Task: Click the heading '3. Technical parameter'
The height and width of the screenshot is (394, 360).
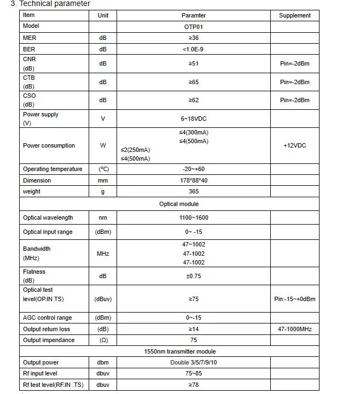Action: [55, 4]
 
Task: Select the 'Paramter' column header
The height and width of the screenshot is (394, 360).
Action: [194, 15]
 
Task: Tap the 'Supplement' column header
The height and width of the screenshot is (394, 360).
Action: [294, 15]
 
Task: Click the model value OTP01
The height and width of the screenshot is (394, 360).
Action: [194, 26]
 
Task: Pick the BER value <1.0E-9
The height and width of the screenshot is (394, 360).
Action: [194, 49]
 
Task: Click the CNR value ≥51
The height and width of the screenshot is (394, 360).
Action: [194, 63]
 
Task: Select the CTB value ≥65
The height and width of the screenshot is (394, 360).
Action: [194, 82]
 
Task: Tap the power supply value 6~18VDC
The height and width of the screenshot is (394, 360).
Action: [194, 119]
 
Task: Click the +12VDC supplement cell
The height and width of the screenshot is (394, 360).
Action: [294, 146]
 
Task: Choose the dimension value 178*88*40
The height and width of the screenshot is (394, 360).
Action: [194, 180]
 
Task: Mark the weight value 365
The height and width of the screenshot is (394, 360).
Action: [194, 191]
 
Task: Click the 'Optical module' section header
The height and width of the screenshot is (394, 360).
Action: [179, 204]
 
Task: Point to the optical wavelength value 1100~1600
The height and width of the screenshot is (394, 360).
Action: [194, 217]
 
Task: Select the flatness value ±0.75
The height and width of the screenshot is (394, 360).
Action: [194, 276]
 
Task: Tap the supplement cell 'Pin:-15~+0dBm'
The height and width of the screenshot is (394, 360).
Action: [294, 299]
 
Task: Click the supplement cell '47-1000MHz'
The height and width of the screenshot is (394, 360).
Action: [294, 329]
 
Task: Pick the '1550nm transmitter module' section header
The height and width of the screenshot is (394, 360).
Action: [179, 351]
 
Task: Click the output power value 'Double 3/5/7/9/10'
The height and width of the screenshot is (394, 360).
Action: [194, 362]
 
